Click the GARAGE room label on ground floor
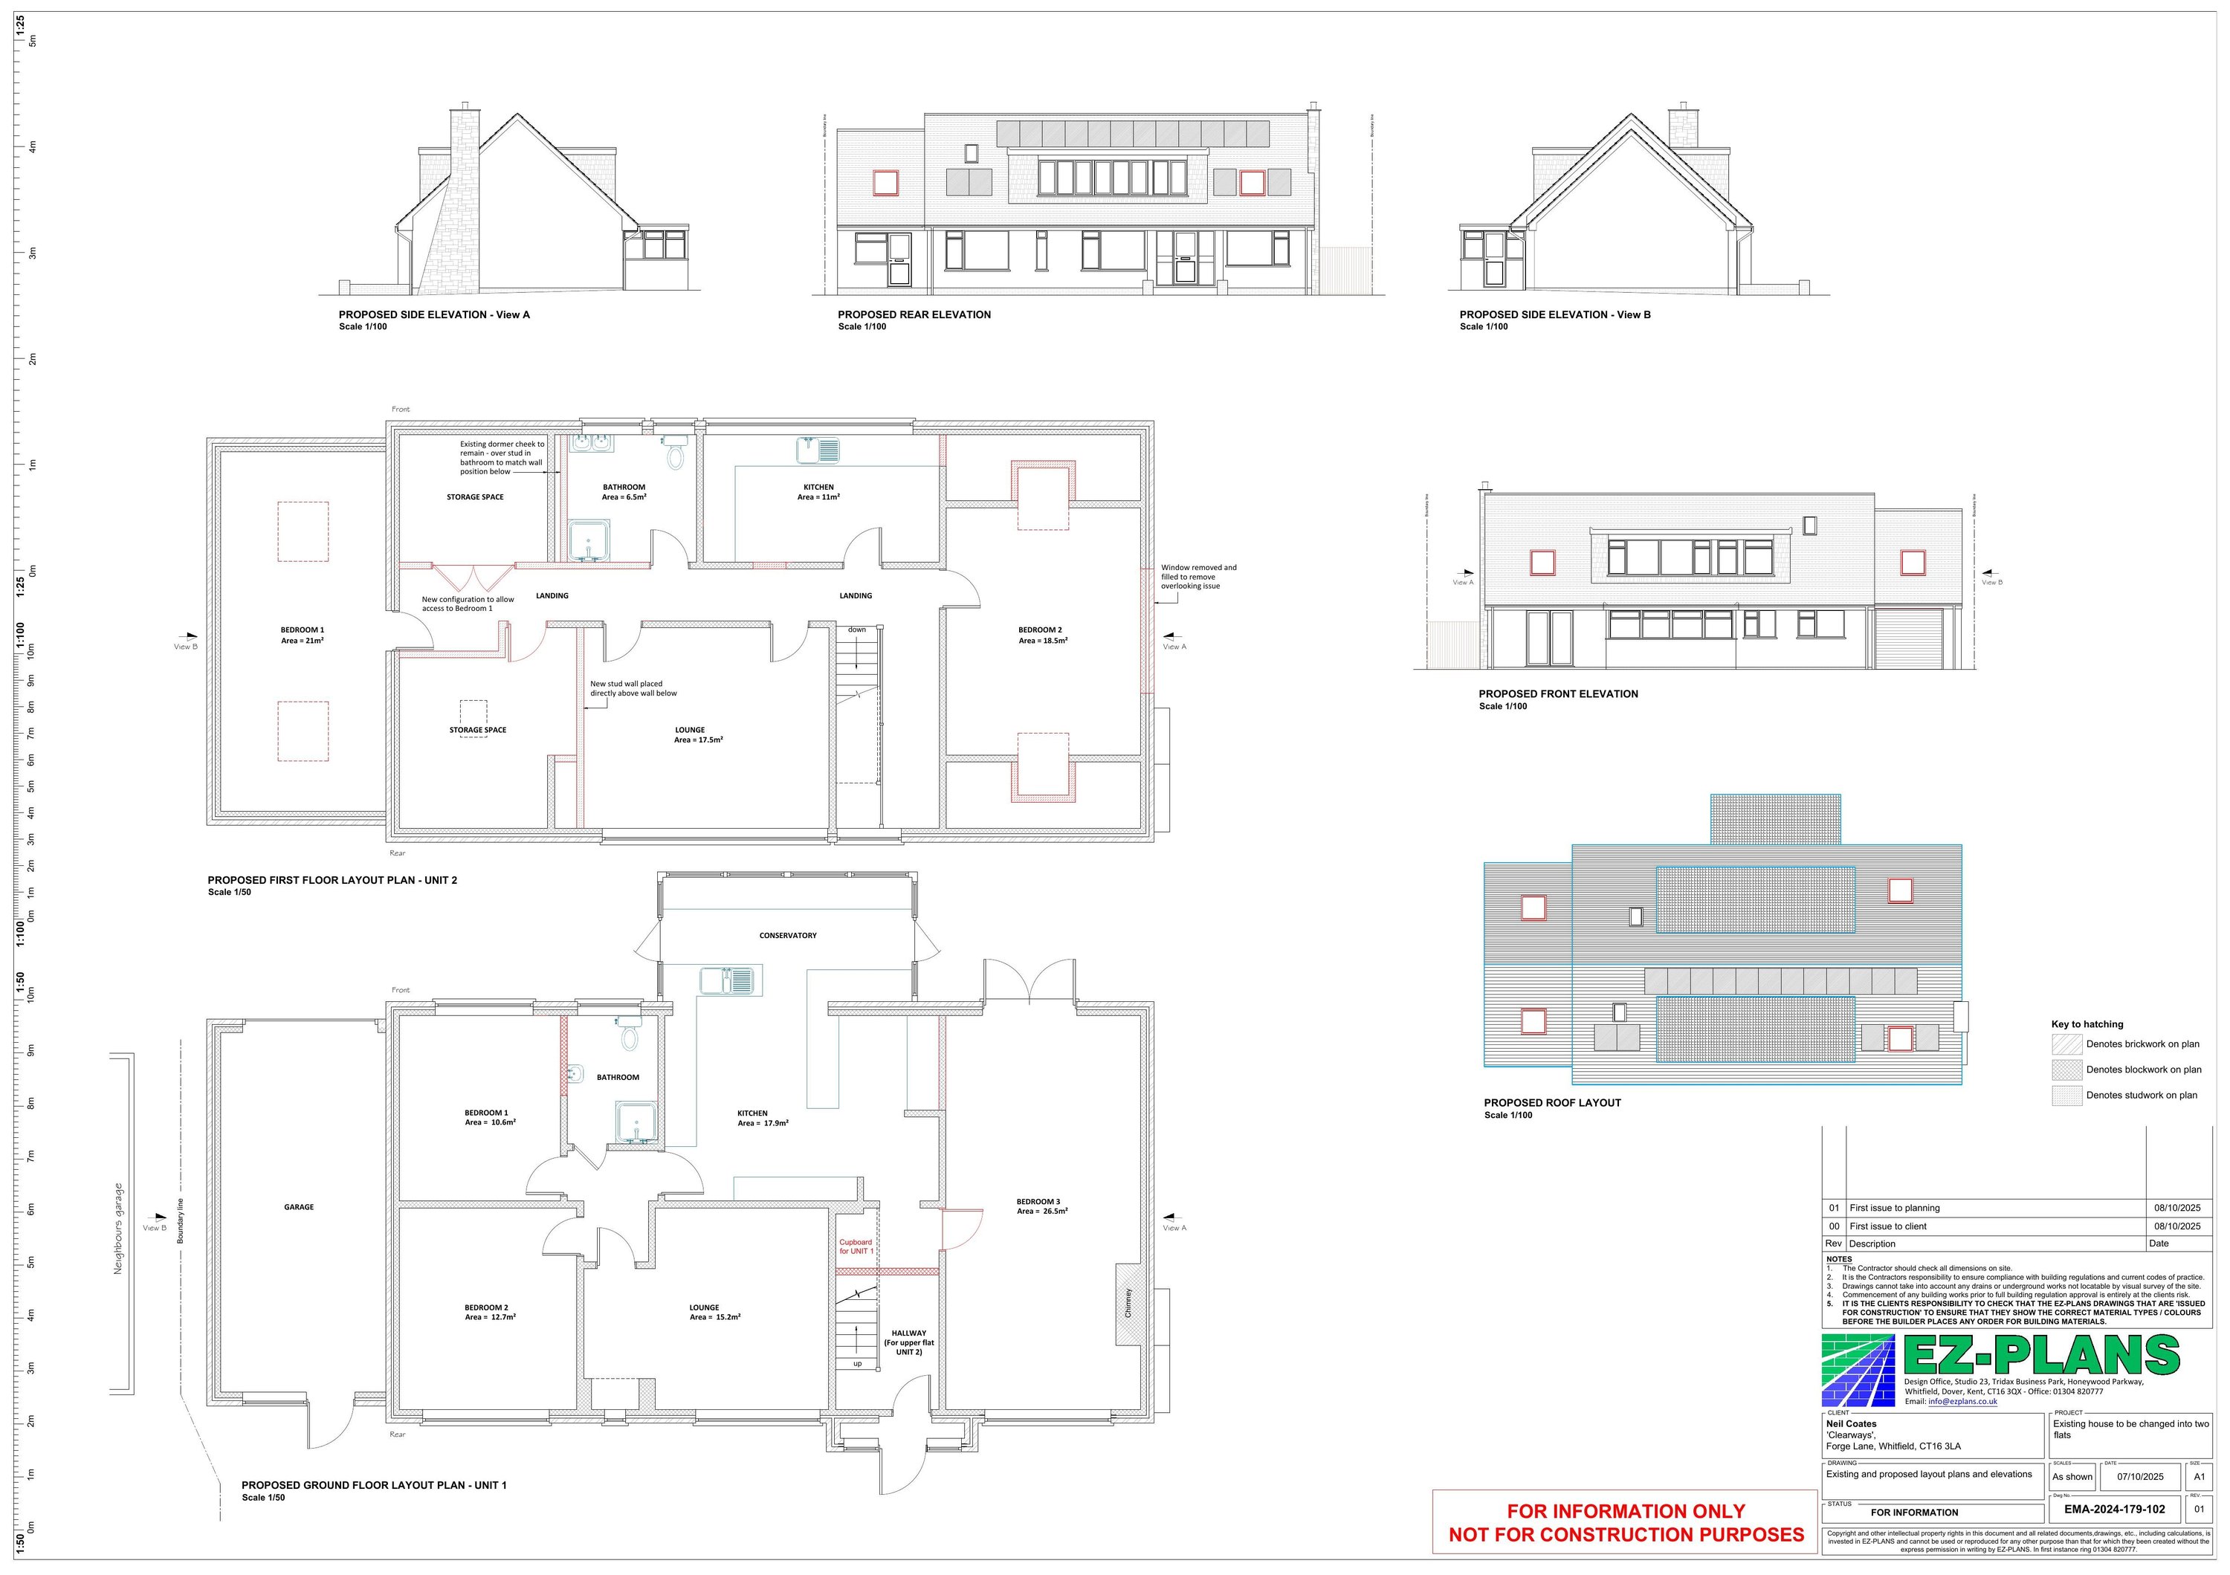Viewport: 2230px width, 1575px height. click(298, 1207)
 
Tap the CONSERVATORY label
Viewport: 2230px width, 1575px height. click(788, 935)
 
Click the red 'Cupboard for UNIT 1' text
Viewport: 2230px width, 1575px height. click(856, 1246)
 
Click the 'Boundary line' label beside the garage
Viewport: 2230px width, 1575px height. click(180, 1220)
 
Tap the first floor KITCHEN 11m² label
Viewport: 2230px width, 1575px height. click(818, 491)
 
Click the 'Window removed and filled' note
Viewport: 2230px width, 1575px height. click(1198, 577)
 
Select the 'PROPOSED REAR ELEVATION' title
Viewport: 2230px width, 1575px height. click(914, 314)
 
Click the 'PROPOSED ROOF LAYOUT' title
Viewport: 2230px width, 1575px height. click(1552, 1103)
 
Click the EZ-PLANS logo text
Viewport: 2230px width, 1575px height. click(2040, 1356)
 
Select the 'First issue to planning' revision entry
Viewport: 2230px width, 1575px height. click(1894, 1208)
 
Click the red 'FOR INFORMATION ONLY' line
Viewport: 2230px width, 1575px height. click(1625, 1511)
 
